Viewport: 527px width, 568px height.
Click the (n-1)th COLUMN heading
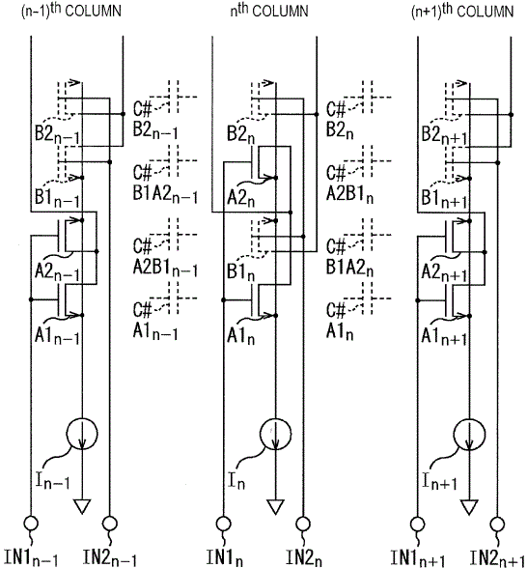coord(71,10)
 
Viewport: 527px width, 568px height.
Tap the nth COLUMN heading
coord(269,10)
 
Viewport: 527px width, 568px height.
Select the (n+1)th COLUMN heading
coord(462,10)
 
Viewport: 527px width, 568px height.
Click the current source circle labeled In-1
coord(82,434)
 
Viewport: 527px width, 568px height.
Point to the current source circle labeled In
coord(275,434)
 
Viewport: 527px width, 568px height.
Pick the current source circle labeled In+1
coord(469,434)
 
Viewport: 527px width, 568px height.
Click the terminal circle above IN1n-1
coord(31,524)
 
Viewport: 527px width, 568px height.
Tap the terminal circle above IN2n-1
coord(110,524)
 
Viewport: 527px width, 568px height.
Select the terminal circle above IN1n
coord(223,524)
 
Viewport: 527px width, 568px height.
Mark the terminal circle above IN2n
coord(303,524)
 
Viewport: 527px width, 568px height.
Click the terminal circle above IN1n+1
coord(417,524)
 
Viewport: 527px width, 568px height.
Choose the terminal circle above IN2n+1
coord(497,524)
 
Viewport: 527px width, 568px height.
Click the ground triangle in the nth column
coord(275,506)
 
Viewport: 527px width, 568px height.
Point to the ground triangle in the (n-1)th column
coord(82,506)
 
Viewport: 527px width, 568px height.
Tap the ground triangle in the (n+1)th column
coord(469,506)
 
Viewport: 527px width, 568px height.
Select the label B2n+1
coord(444,135)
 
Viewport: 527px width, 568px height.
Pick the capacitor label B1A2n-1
coord(165,195)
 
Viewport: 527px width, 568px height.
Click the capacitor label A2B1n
coord(349,195)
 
